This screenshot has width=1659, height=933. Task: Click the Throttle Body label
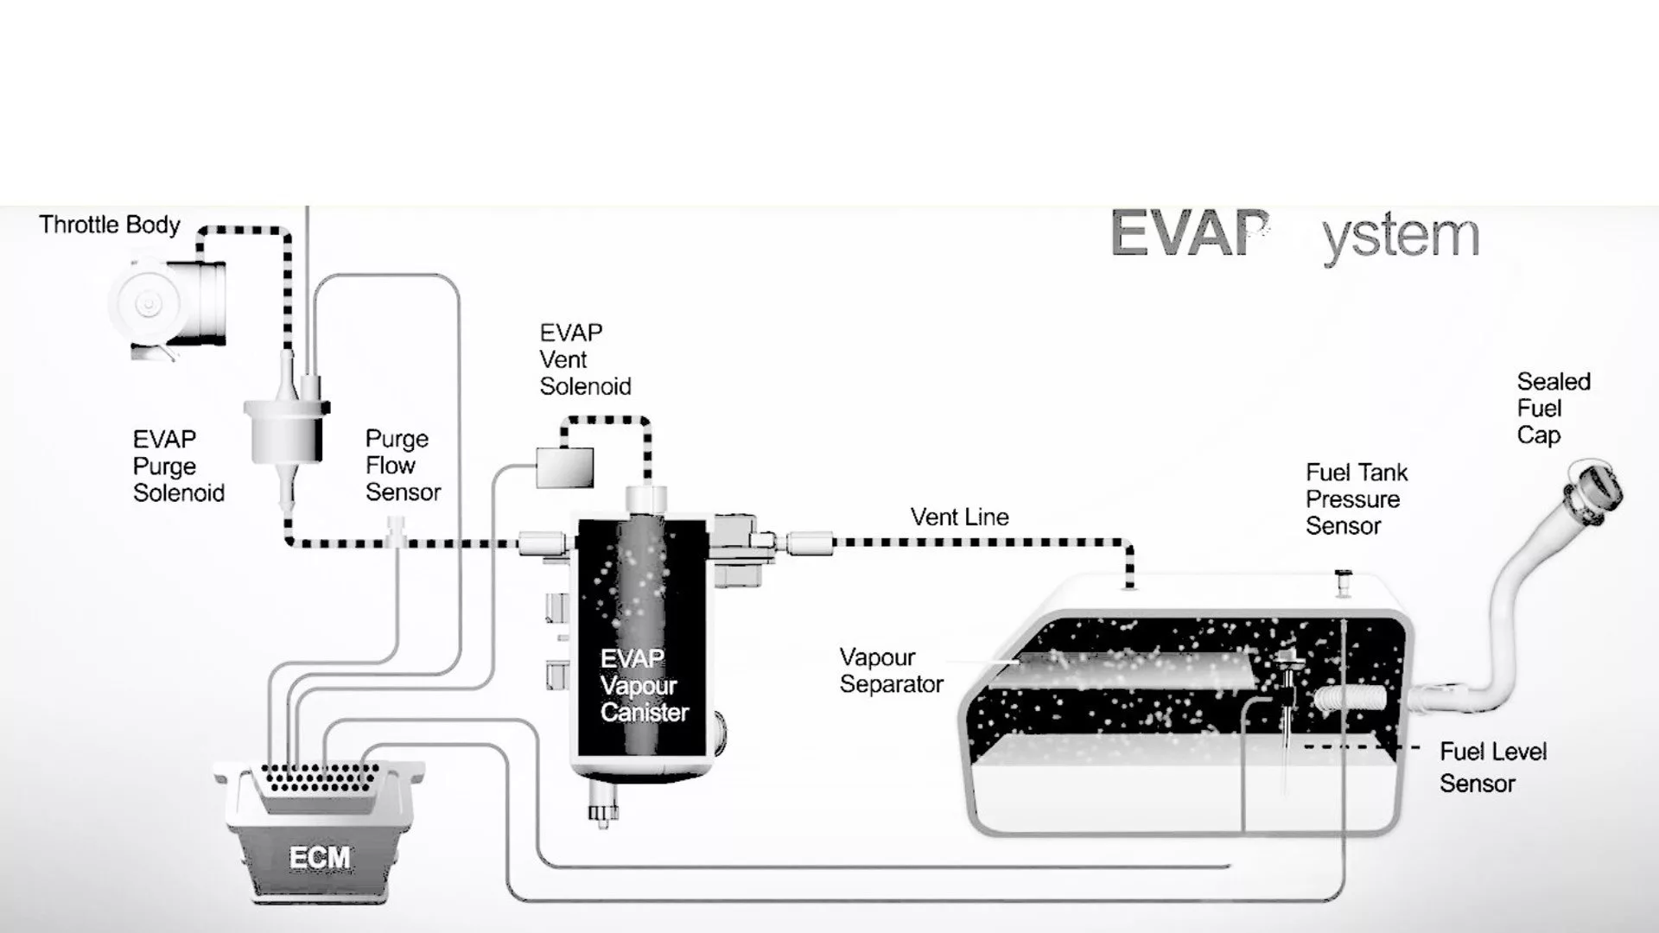click(x=110, y=225)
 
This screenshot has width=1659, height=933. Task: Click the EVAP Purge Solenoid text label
click(x=178, y=466)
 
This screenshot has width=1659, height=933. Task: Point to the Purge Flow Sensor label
click(x=403, y=466)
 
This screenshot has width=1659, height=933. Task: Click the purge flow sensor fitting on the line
click(x=397, y=530)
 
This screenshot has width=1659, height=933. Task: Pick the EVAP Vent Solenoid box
click(x=564, y=467)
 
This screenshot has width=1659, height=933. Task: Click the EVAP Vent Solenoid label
click(x=585, y=360)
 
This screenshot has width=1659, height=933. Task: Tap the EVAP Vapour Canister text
click(x=644, y=686)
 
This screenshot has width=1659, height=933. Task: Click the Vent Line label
click(x=959, y=517)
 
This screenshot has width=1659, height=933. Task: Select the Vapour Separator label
click(x=891, y=671)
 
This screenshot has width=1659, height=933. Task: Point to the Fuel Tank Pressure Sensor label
click(x=1356, y=499)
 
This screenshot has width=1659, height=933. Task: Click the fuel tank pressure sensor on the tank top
click(x=1342, y=581)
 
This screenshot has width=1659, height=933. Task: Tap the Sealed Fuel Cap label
click(x=1553, y=409)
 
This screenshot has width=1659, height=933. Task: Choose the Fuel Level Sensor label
click(x=1492, y=767)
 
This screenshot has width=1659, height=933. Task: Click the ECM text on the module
click(x=320, y=858)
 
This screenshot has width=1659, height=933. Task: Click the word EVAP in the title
click(x=1190, y=233)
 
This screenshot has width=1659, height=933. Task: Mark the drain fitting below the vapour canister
click(x=602, y=813)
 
